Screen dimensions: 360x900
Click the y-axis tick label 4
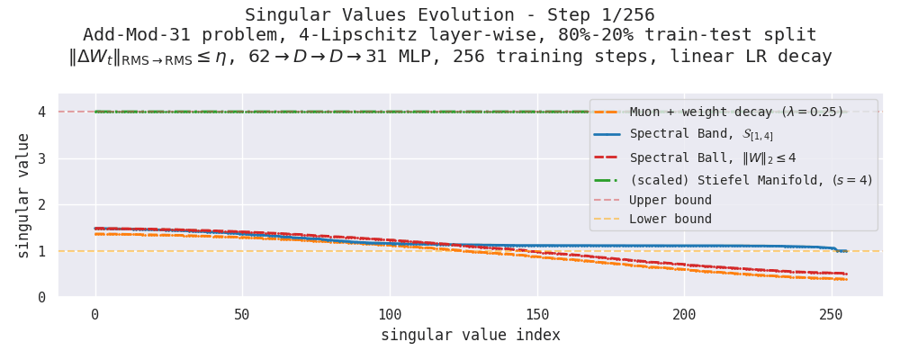click(41, 112)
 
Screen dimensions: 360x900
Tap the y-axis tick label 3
click(41, 158)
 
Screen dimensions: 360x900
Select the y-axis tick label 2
click(41, 205)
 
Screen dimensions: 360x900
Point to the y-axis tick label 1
click(41, 251)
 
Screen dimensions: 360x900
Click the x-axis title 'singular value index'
click(470, 336)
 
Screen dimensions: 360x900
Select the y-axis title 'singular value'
click(22, 195)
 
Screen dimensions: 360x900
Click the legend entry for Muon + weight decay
click(736, 112)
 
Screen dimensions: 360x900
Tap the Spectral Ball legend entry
click(713, 157)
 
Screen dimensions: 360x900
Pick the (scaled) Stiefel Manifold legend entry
click(751, 180)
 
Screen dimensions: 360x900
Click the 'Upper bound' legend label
click(670, 200)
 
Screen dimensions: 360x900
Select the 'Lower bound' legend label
click(670, 220)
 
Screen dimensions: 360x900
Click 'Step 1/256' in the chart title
click(598, 15)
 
